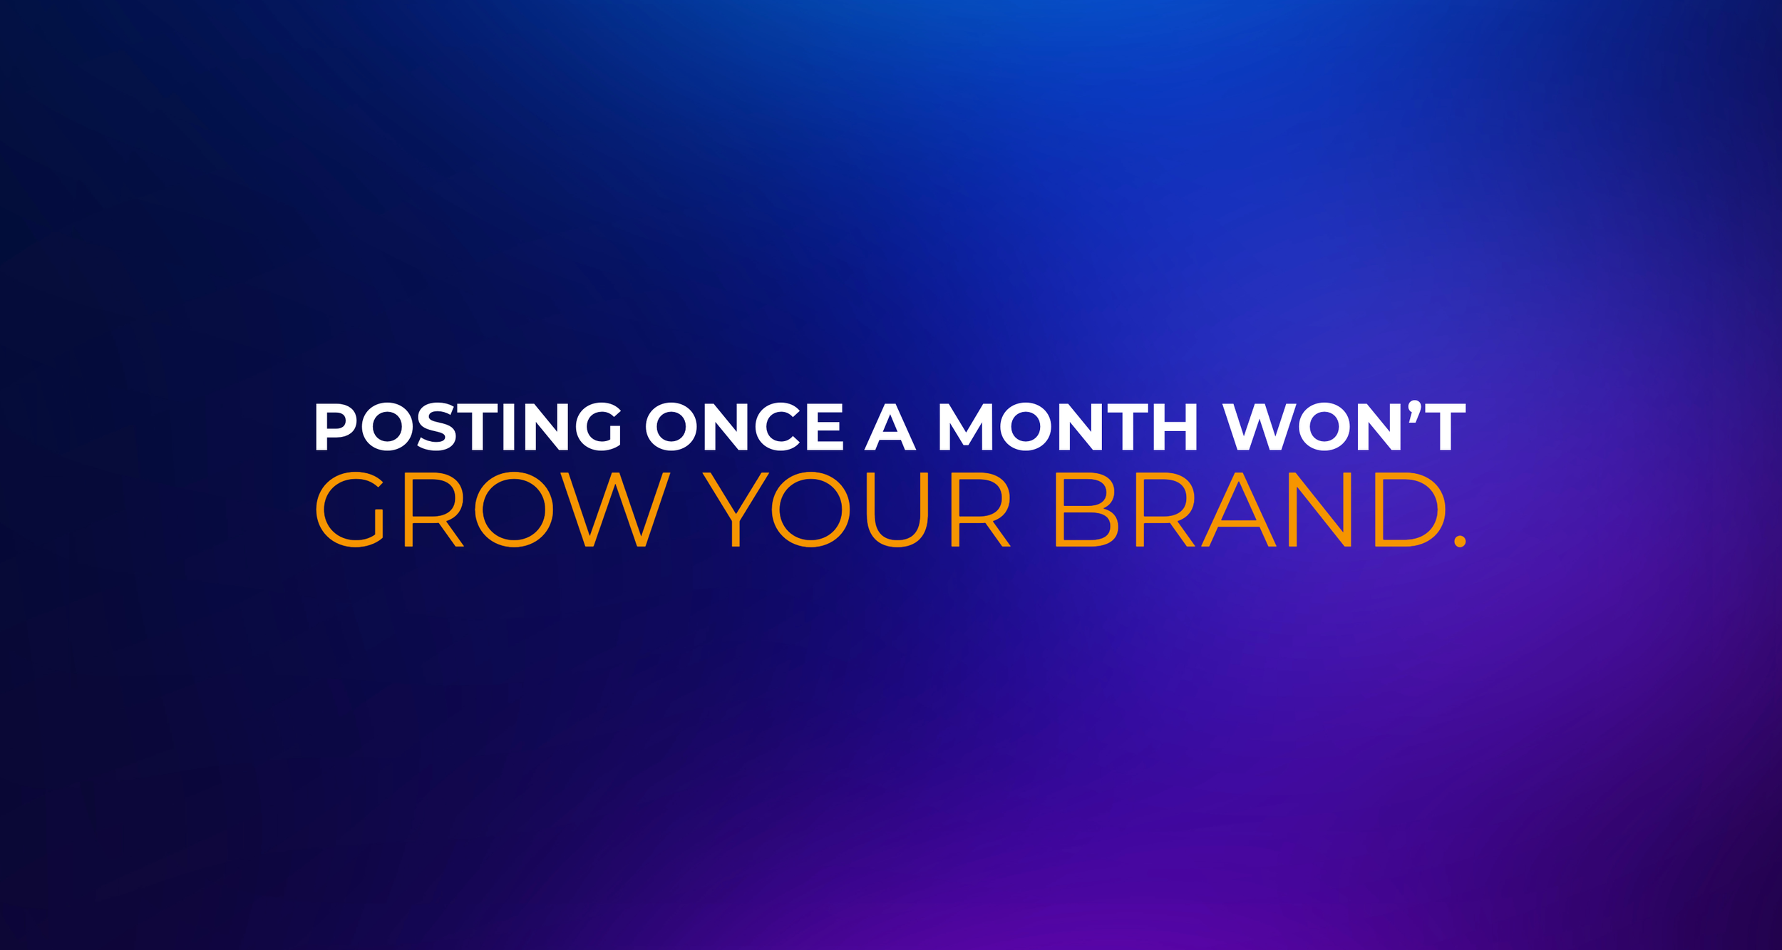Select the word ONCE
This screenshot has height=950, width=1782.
[x=744, y=427]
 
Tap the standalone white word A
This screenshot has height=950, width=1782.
[x=890, y=427]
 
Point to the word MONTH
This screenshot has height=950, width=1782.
[x=1068, y=427]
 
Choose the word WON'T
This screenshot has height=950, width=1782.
[x=1344, y=427]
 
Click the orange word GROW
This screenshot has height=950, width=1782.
[x=493, y=510]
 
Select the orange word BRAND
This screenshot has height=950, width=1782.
[x=1250, y=510]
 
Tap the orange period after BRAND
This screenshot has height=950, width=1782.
[x=1460, y=542]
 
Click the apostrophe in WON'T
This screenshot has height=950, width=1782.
[x=1415, y=411]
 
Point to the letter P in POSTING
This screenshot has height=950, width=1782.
[x=335, y=427]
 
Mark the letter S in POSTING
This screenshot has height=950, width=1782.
[x=436, y=427]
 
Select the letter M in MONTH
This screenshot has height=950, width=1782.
[x=966, y=427]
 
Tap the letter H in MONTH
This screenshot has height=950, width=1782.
[x=1175, y=427]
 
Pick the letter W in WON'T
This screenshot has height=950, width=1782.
[x=1258, y=427]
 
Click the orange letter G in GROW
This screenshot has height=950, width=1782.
[x=351, y=510]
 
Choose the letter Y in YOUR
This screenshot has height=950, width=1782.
[x=735, y=510]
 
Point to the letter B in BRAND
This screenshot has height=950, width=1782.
[x=1086, y=510]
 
